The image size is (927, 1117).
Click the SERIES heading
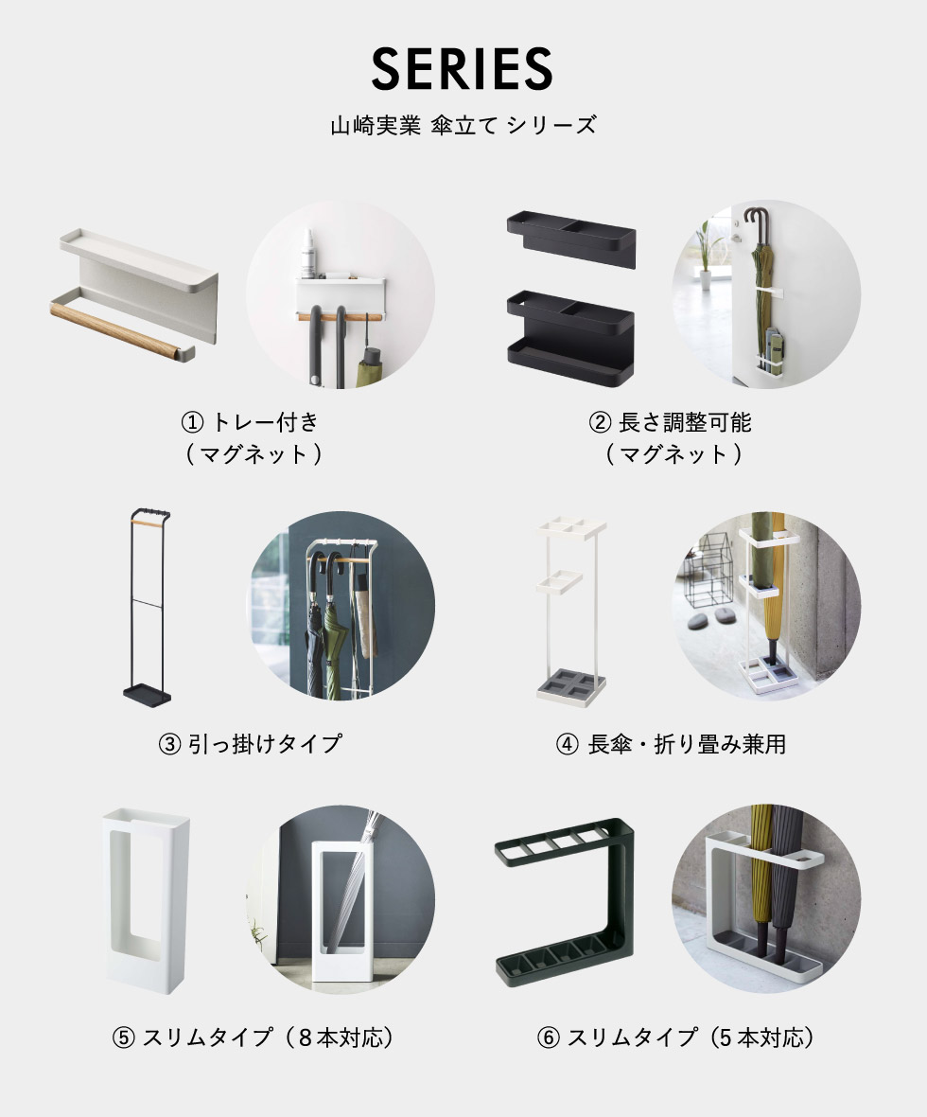[x=462, y=68]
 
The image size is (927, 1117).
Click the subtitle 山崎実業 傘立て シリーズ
[x=463, y=125]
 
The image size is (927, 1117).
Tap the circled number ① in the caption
[x=192, y=422]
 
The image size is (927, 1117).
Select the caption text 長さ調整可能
[x=684, y=422]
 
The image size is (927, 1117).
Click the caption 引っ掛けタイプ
[x=265, y=744]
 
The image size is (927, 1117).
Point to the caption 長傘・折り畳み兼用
[x=687, y=744]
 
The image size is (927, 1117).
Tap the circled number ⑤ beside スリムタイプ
[x=123, y=1037]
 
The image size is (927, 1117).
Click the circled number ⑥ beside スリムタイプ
[x=549, y=1037]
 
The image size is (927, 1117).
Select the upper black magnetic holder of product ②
[x=571, y=238]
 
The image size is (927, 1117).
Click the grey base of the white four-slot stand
[x=571, y=686]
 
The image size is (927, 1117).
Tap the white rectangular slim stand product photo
[x=146, y=901]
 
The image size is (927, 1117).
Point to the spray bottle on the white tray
[x=308, y=254]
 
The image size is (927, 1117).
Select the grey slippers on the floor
[x=712, y=618]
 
